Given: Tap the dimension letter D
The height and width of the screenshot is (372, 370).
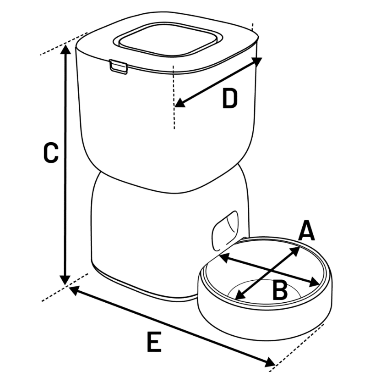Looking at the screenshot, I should (x=230, y=99).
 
